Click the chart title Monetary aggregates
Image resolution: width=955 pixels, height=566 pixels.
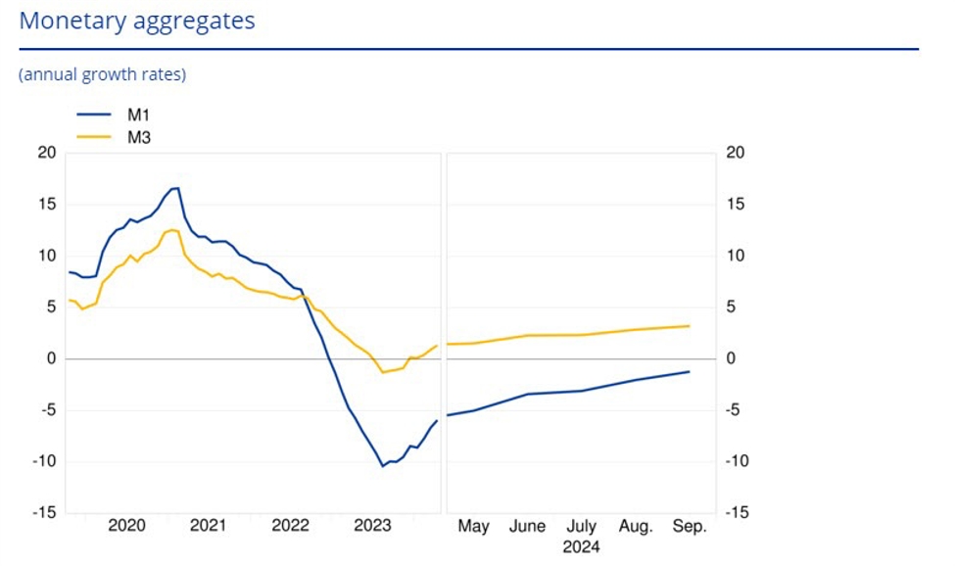coord(137,21)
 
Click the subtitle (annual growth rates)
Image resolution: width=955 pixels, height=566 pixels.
coord(102,74)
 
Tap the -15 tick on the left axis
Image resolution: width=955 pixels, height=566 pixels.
coord(44,513)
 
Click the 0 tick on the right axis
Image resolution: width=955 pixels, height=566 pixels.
coord(729,358)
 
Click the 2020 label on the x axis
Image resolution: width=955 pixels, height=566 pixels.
coord(126,527)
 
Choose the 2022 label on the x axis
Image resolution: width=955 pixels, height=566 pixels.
coord(290,527)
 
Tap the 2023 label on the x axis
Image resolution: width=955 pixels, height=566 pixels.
coord(372,527)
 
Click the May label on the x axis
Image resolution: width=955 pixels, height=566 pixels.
coord(473,527)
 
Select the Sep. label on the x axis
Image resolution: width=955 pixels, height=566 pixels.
coord(689,527)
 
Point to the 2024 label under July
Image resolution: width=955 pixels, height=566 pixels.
coord(581,546)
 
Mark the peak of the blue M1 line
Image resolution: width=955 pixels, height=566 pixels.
coord(176,188)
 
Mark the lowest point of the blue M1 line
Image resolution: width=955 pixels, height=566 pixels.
coord(383,465)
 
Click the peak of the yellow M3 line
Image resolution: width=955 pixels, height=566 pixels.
coord(172,230)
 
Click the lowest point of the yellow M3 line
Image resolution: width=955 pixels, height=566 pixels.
coord(383,372)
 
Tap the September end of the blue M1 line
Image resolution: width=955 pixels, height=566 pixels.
coord(690,371)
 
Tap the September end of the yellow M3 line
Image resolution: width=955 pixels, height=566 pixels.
coord(690,326)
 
